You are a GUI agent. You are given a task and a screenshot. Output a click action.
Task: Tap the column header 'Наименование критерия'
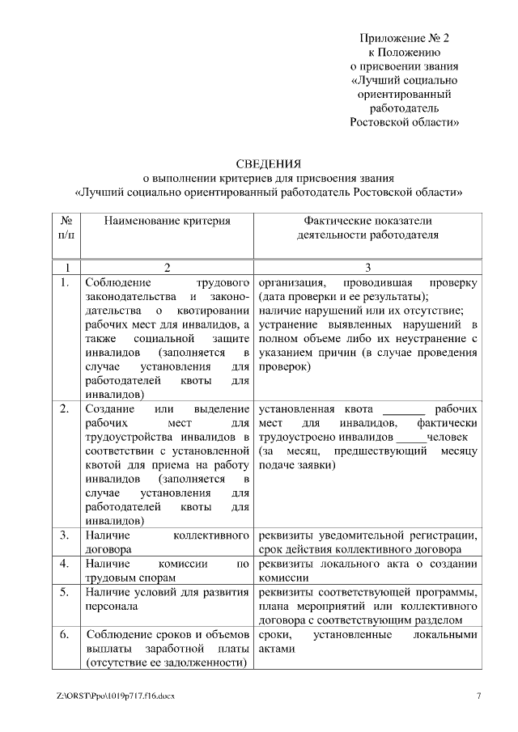pyautogui.click(x=167, y=221)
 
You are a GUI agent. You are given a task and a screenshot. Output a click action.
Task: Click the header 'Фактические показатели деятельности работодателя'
pyautogui.click(x=367, y=227)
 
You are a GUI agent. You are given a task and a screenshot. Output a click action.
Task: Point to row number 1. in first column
pyautogui.click(x=64, y=284)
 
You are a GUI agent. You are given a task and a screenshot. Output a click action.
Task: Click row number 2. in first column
pyautogui.click(x=64, y=408)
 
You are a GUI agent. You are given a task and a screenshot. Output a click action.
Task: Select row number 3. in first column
pyautogui.click(x=64, y=535)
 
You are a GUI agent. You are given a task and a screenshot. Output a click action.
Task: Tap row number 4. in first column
pyautogui.click(x=64, y=563)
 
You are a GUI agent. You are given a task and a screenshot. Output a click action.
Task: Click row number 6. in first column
pyautogui.click(x=64, y=636)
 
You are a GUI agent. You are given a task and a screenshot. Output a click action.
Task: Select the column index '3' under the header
pyautogui.click(x=367, y=268)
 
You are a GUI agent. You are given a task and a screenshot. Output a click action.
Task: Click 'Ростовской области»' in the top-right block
pyautogui.click(x=404, y=123)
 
